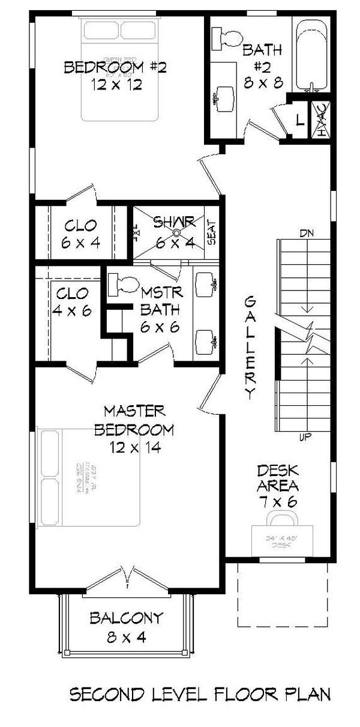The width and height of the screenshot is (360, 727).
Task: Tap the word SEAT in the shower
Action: [211, 231]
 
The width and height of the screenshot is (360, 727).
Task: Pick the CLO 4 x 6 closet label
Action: [73, 302]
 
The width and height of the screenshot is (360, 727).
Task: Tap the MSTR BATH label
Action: [158, 309]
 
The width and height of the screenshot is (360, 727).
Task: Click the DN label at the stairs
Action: [305, 232]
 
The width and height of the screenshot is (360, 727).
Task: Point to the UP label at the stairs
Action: [305, 438]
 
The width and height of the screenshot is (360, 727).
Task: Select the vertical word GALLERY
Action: [251, 348]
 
